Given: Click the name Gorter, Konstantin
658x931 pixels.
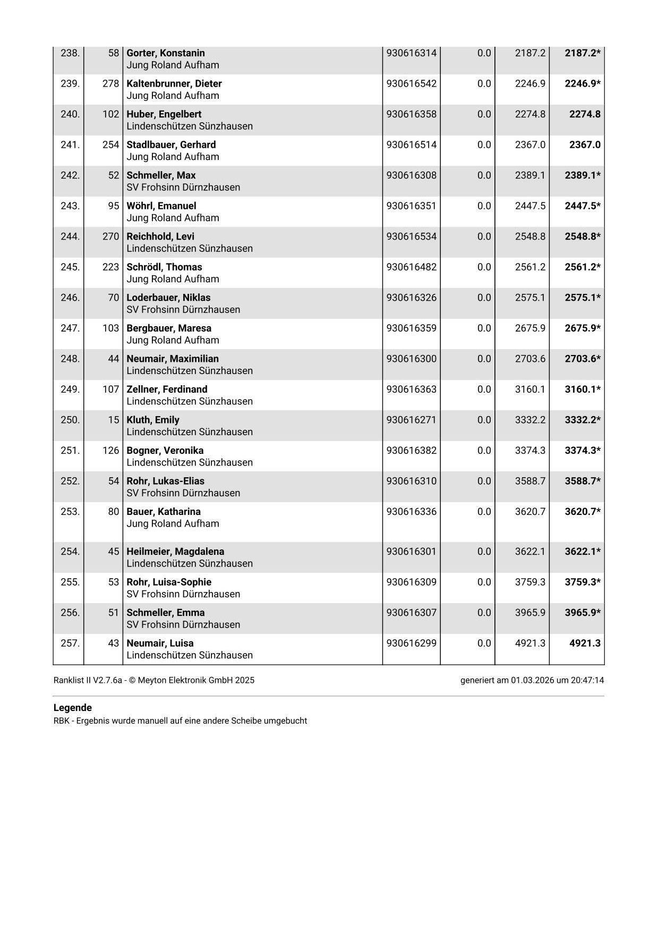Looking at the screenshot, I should point(165,53).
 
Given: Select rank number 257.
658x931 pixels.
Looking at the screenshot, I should point(70,643).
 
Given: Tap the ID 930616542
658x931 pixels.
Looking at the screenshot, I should point(411,83).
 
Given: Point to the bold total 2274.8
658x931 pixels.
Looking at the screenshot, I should point(584,114).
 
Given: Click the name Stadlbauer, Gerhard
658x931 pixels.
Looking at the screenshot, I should point(171,145).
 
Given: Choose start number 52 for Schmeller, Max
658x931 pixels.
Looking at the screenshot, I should point(114,175).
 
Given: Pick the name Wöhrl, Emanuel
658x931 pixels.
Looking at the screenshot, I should point(161,206).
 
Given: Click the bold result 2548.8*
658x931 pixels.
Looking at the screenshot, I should point(582,236).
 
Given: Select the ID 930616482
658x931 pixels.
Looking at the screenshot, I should point(411,267).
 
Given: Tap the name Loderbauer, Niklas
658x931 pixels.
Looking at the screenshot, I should point(168,298).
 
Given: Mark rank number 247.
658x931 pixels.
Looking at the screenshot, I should point(70,328).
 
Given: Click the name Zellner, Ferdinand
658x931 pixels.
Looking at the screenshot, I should point(167,389).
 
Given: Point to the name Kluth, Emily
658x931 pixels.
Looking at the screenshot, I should point(153,420).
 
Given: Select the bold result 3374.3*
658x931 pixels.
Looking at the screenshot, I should point(582,450).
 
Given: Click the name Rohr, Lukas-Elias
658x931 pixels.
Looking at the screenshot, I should point(165,481).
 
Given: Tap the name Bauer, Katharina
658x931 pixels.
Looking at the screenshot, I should point(164,511).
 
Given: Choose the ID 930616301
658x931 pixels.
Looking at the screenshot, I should point(411,551).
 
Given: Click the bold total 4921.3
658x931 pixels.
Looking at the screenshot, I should point(584,643).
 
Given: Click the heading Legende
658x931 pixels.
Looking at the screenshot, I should point(73,708).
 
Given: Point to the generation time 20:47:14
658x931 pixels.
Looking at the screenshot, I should point(587,680).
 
